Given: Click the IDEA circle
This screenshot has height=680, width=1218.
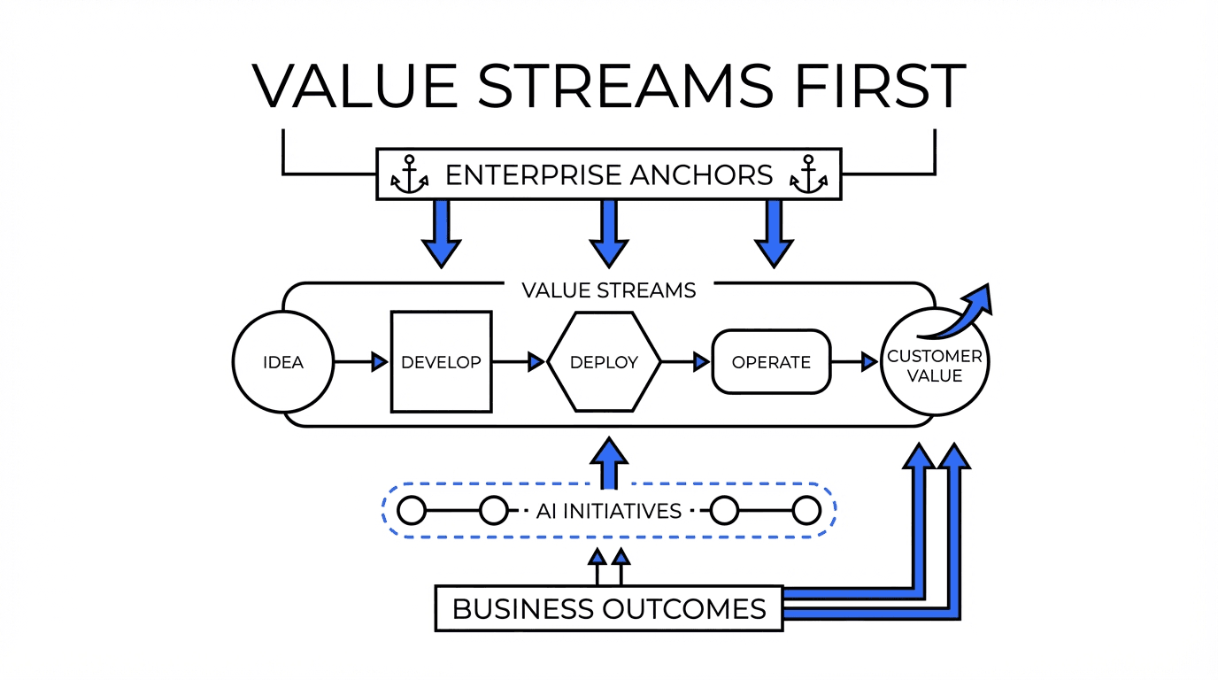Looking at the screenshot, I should point(283,362).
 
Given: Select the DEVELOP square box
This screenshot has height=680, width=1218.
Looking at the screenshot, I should point(441,362).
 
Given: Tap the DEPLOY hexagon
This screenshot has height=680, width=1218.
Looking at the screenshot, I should point(605,362).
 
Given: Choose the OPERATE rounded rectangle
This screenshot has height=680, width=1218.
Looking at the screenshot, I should point(771,362).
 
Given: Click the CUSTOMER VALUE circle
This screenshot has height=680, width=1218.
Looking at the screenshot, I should point(935,365).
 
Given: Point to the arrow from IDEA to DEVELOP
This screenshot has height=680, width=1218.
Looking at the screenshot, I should point(362,362).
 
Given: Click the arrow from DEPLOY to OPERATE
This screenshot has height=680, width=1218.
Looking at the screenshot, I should point(686,362).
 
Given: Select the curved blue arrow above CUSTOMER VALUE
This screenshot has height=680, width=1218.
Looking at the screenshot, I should point(960,314).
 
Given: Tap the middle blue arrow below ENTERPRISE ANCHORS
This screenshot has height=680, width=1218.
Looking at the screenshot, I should point(608,232).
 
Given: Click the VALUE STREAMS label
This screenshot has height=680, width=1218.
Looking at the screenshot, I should point(608,290).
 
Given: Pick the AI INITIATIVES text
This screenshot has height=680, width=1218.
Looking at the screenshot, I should point(609,511).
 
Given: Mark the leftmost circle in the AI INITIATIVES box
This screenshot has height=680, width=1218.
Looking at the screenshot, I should point(412,511).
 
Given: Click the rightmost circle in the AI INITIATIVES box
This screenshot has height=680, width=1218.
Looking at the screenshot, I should point(806,511).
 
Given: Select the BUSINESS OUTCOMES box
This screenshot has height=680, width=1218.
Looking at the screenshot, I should point(609,608).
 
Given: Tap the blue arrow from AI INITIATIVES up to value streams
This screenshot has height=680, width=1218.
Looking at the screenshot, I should point(608,463).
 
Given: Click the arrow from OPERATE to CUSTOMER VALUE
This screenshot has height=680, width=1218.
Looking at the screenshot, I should point(855,362).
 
